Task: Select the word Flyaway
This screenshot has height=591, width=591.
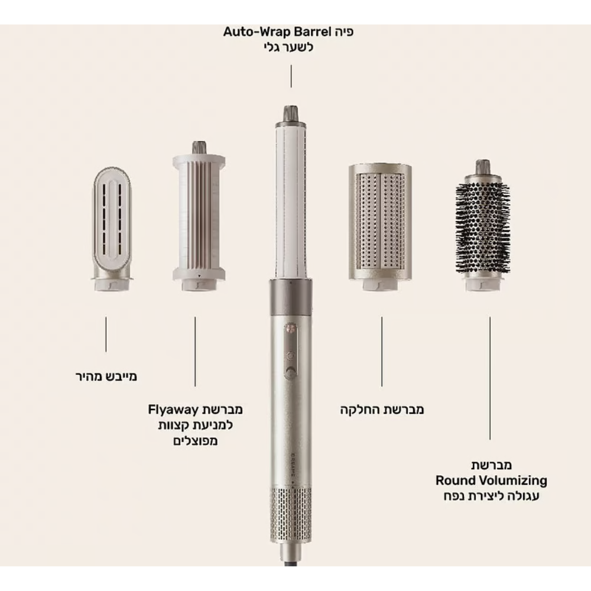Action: (173, 410)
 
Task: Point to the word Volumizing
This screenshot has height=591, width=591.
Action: (513, 481)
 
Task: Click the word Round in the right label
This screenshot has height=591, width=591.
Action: (456, 480)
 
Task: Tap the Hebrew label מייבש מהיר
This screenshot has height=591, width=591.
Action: (106, 376)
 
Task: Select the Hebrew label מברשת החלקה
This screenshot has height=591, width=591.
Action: (382, 410)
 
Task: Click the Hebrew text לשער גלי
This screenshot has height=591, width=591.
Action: (288, 48)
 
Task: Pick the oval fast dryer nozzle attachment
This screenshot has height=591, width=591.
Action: (112, 229)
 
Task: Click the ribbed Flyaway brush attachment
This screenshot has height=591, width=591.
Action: (199, 216)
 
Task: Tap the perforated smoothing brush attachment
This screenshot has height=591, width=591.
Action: (380, 227)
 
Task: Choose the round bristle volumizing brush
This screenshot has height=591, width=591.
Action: (483, 225)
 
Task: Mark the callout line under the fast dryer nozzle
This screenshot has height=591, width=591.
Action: (106, 335)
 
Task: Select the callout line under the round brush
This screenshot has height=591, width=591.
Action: (490, 378)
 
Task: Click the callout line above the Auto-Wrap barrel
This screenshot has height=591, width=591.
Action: (291, 76)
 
